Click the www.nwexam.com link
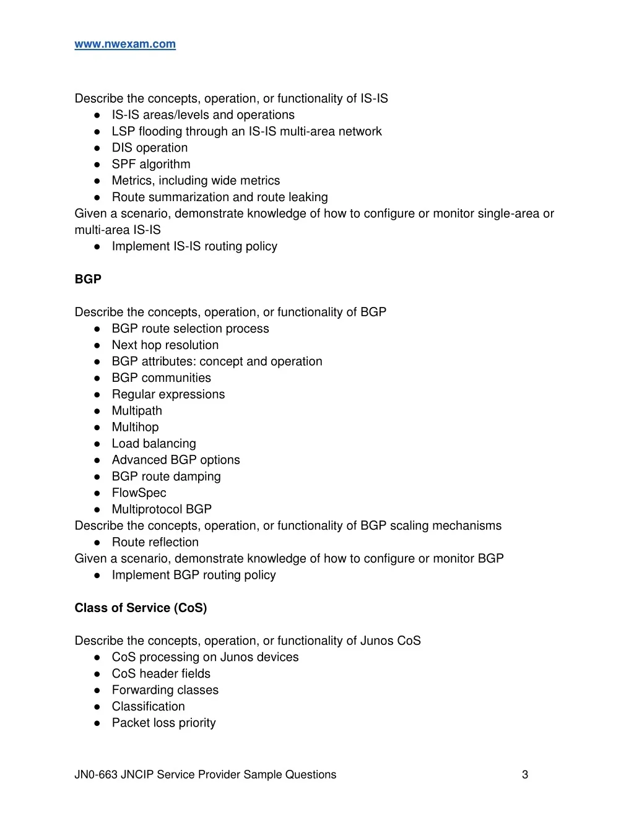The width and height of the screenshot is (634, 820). pyautogui.click(x=125, y=44)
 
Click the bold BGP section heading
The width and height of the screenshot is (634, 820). pyautogui.click(x=88, y=279)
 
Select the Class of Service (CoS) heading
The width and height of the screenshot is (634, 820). pyautogui.click(x=141, y=608)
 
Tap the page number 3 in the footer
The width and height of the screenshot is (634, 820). pyautogui.click(x=525, y=774)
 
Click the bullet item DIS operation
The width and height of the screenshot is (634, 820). pyautogui.click(x=149, y=148)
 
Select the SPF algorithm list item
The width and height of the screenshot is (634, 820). pyautogui.click(x=151, y=164)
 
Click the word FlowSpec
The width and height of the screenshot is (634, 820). pyautogui.click(x=139, y=493)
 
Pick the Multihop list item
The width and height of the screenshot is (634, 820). pyautogui.click(x=135, y=427)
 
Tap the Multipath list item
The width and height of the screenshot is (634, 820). pyautogui.click(x=137, y=411)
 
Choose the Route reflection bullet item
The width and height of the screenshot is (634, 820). pyautogui.click(x=155, y=542)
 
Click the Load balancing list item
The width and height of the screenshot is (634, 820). pyautogui.click(x=154, y=444)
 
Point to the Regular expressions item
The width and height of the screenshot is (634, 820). pyautogui.click(x=168, y=394)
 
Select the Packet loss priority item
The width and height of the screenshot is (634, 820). pyautogui.click(x=163, y=723)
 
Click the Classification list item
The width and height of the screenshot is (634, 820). pyautogui.click(x=148, y=706)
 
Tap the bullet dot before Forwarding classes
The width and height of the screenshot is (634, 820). pyautogui.click(x=97, y=690)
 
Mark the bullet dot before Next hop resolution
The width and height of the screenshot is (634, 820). pyautogui.click(x=97, y=345)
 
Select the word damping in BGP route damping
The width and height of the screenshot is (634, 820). pyautogui.click(x=198, y=477)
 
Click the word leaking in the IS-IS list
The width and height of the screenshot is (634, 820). pyautogui.click(x=308, y=197)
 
